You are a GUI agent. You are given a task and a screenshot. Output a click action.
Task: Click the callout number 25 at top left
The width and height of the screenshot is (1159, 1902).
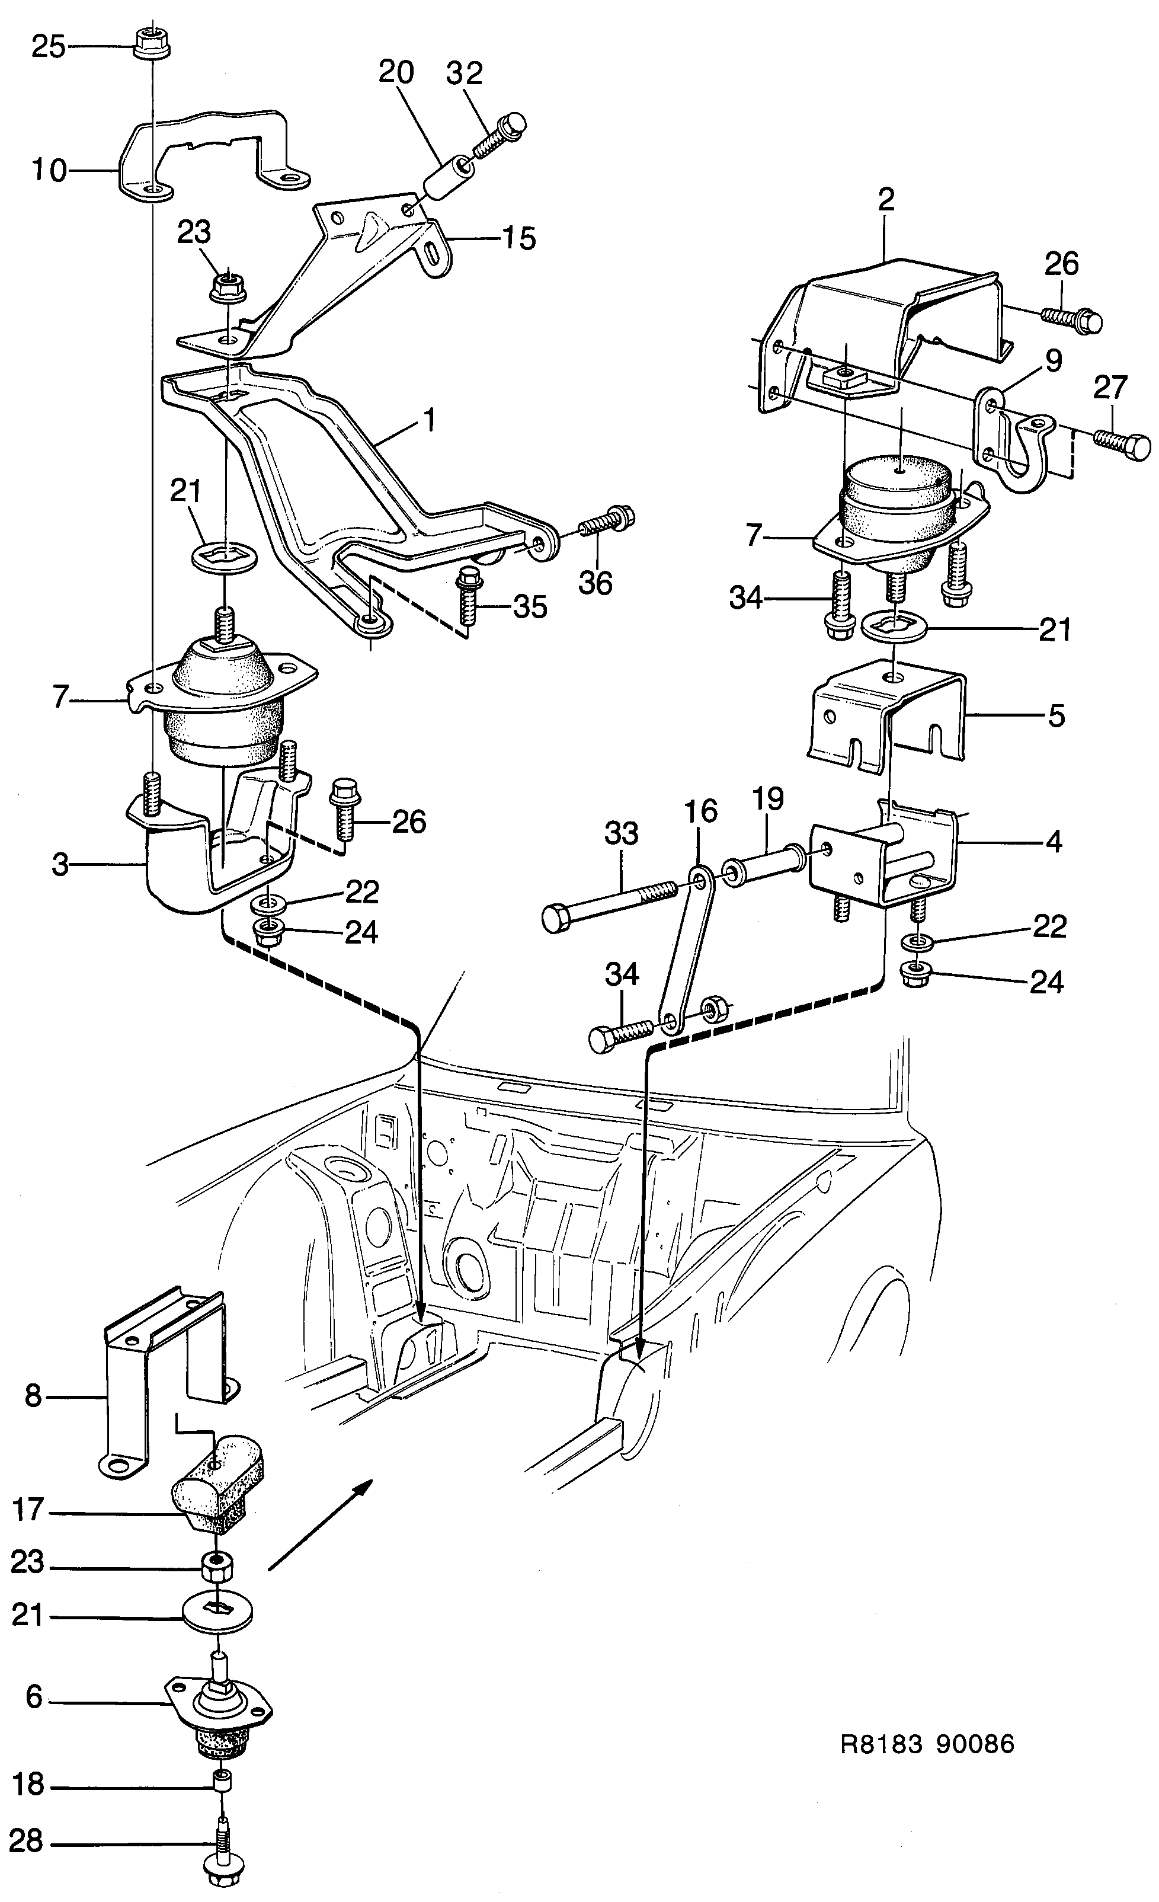48,48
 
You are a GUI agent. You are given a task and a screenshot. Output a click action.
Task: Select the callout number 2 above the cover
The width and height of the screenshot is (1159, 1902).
886,199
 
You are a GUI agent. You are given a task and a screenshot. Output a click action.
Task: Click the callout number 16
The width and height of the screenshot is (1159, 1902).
700,811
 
